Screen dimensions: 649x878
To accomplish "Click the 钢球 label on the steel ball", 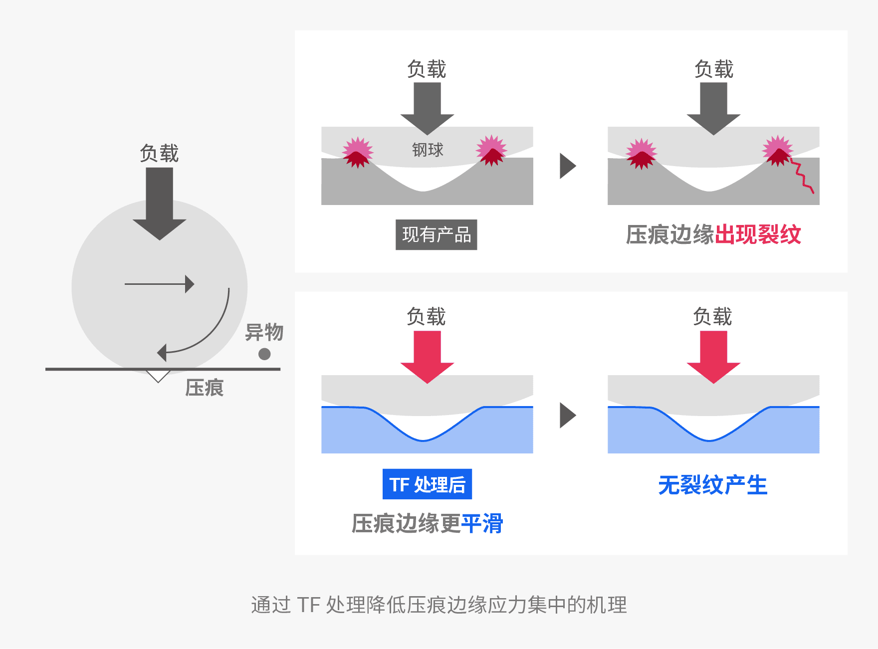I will click(x=428, y=150).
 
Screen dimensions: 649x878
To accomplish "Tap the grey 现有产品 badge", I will click(x=437, y=234).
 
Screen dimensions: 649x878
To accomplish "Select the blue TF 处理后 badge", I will click(x=427, y=484).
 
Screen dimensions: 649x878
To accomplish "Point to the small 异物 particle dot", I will click(x=264, y=354).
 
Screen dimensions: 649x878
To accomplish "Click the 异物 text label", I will click(x=264, y=332).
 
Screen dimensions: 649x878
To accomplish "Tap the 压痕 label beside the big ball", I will click(x=205, y=388).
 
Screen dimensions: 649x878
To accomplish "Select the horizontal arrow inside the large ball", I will click(x=160, y=284).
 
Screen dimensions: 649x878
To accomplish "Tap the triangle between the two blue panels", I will click(x=568, y=416).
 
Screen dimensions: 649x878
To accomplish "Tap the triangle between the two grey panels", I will click(x=568, y=166).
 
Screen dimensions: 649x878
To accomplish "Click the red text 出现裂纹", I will click(x=758, y=234).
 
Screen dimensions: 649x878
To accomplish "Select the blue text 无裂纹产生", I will click(x=713, y=485).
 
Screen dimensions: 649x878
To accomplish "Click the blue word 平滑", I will click(x=482, y=523).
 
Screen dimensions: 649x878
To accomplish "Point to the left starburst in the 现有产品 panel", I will click(x=357, y=152).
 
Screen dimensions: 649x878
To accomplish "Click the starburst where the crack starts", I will click(x=778, y=151).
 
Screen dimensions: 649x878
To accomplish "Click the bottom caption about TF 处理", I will click(x=439, y=605).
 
